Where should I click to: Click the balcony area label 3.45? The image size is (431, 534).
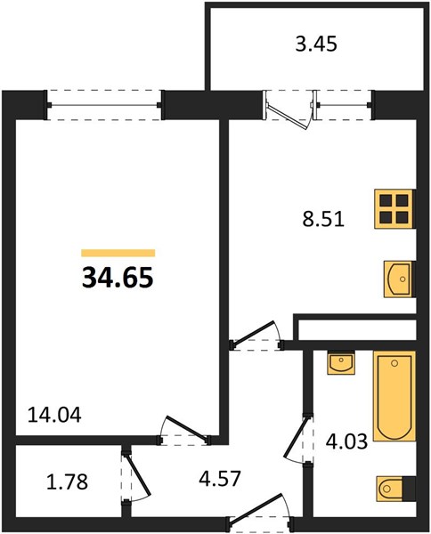pyautogui.click(x=316, y=44)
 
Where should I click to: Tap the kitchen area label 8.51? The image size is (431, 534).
pyautogui.click(x=323, y=219)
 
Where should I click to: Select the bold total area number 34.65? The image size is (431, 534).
pyautogui.click(x=118, y=277)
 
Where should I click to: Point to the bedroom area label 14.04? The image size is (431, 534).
pyautogui.click(x=54, y=415)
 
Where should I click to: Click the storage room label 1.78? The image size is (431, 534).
pyautogui.click(x=67, y=481)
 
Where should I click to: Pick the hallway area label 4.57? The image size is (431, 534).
pyautogui.click(x=220, y=478)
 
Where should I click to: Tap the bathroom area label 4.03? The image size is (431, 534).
pyautogui.click(x=346, y=441)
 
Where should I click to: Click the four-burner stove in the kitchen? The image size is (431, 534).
pyautogui.click(x=394, y=209)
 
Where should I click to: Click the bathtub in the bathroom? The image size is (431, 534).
pyautogui.click(x=394, y=396)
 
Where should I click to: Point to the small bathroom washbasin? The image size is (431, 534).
pyautogui.click(x=341, y=363)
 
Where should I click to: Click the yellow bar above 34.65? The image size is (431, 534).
pyautogui.click(x=118, y=253)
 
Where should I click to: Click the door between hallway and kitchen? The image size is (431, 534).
pyautogui.click(x=256, y=336)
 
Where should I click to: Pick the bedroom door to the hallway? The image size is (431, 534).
pyautogui.click(x=184, y=431)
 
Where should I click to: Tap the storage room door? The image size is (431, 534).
pyautogui.click(x=135, y=476)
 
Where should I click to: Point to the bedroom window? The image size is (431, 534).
pyautogui.click(x=104, y=105)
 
